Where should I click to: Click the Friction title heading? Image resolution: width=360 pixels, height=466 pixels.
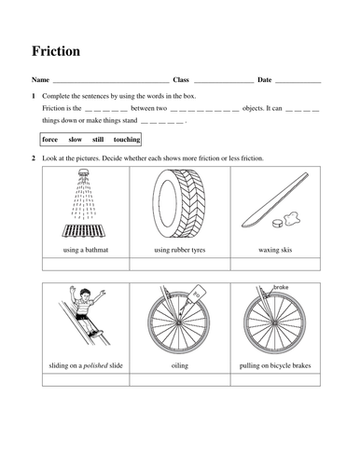click(55, 51)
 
